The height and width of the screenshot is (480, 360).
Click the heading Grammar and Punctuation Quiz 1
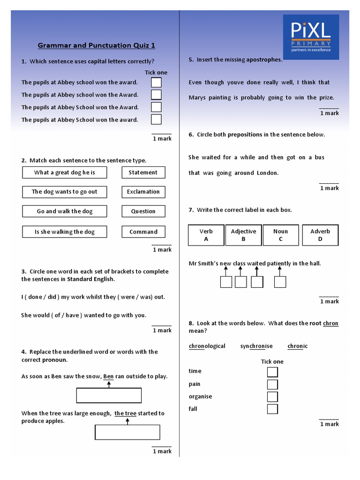pyautogui.click(x=96, y=45)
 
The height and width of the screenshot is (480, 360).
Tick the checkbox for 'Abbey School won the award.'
pyautogui.click(x=156, y=120)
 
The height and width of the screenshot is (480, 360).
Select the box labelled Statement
pyautogui.click(x=143, y=172)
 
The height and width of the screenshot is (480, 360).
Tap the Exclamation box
pyautogui.click(x=143, y=192)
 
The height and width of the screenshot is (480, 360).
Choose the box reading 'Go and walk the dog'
pyautogui.click(x=65, y=211)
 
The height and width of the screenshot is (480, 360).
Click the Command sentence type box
pyautogui.click(x=143, y=232)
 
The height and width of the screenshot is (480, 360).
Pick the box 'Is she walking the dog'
pyautogui.click(x=65, y=232)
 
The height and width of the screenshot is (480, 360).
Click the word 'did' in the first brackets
pyautogui.click(x=52, y=297)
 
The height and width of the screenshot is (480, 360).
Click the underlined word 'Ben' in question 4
pyautogui.click(x=108, y=376)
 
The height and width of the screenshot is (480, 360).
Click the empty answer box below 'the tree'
pyautogui.click(x=127, y=432)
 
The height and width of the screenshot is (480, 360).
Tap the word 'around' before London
pyautogui.click(x=244, y=173)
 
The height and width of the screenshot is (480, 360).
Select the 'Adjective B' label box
pyautogui.click(x=243, y=235)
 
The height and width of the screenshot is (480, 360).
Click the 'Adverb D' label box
pyautogui.click(x=320, y=235)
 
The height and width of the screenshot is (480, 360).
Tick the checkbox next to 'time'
pyautogui.click(x=272, y=372)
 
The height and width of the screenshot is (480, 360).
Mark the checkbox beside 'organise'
pyautogui.click(x=272, y=397)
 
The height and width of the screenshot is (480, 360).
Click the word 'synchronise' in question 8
pyautogui.click(x=256, y=346)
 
